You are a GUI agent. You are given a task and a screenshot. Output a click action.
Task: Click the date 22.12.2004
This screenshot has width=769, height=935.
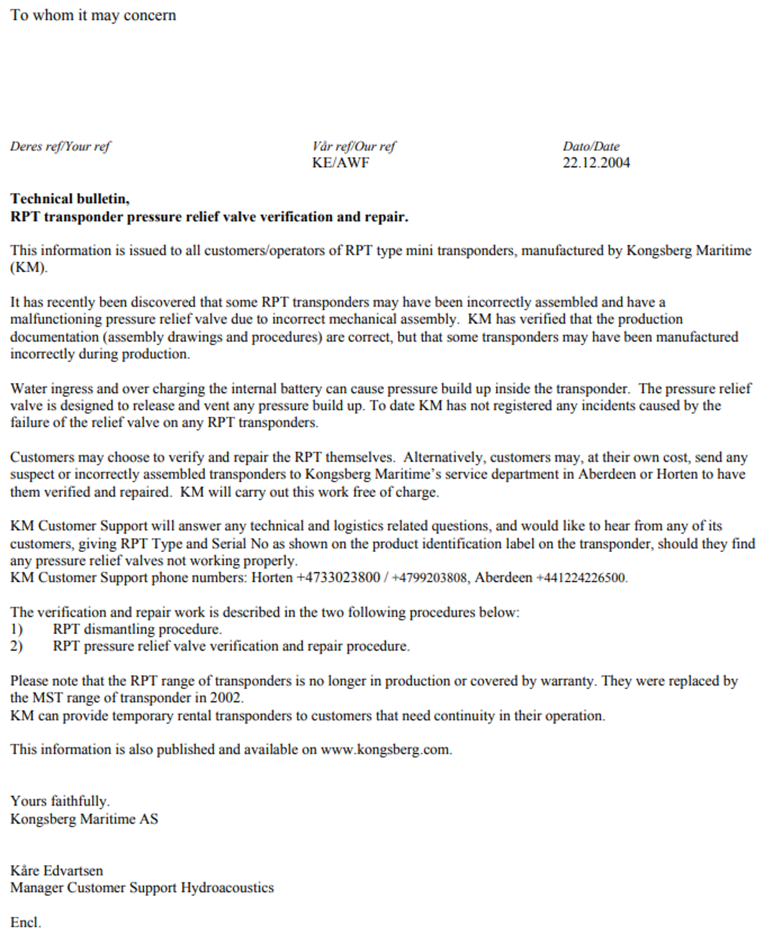[x=596, y=163]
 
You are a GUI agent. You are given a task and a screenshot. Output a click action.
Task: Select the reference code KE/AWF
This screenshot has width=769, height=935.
[x=340, y=163]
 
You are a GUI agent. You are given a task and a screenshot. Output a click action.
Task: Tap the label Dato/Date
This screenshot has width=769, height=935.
[x=591, y=146]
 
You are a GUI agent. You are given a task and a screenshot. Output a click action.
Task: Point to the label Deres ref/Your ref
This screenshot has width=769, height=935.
[x=60, y=146]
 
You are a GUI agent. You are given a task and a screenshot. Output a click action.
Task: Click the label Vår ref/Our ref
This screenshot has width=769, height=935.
[x=354, y=146]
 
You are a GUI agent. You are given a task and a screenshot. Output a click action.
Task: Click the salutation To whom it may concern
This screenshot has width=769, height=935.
[x=93, y=15]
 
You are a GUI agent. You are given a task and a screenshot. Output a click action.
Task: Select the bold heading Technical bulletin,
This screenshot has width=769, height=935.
[x=70, y=199]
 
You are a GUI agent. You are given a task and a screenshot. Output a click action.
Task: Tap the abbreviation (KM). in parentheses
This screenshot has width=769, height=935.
[x=29, y=268]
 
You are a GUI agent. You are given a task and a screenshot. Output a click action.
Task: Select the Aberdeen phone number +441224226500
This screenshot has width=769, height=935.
[x=581, y=578]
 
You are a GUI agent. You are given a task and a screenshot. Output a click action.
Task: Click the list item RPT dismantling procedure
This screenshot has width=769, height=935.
[x=137, y=629]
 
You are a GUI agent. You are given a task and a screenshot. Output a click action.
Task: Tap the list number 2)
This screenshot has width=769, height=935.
[x=17, y=646]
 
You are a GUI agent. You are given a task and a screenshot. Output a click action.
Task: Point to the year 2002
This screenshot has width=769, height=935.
[x=226, y=697]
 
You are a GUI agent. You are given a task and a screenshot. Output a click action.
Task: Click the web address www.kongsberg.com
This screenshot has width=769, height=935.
[x=386, y=749]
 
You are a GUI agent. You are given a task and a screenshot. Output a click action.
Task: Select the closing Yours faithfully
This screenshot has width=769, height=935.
[x=60, y=801]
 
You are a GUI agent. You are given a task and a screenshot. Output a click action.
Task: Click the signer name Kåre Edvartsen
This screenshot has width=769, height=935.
[x=56, y=870]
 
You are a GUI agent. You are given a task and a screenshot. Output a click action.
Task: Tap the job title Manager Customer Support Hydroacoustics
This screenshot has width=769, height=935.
[x=142, y=888]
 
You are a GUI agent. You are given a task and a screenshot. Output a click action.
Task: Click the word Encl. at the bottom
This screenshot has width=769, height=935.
[x=26, y=922]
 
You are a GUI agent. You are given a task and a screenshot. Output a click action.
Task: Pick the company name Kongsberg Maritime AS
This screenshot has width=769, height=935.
[x=84, y=818]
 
